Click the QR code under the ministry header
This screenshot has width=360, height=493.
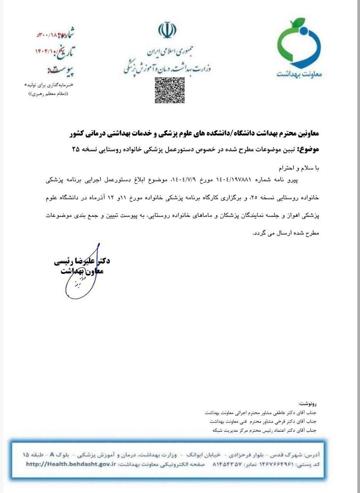(x=170, y=90)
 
